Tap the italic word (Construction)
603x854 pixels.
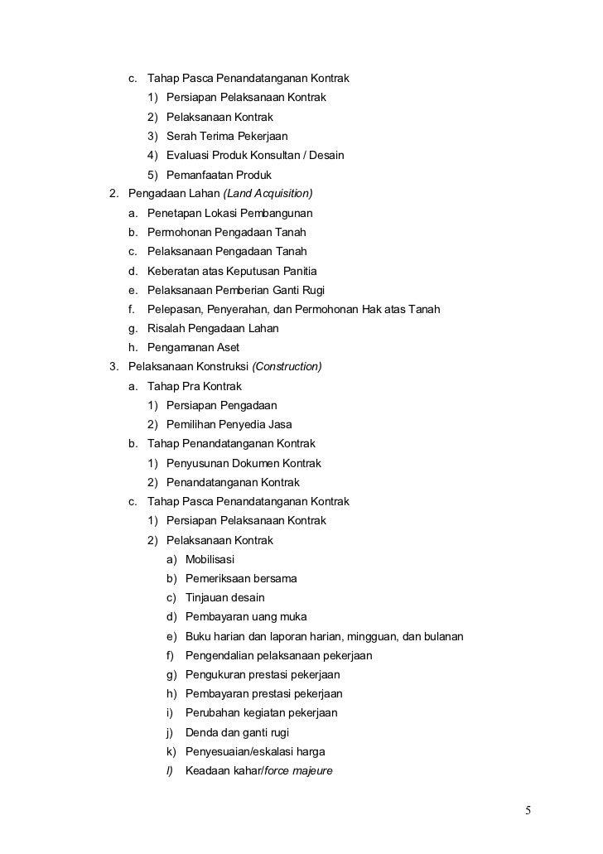[x=287, y=367]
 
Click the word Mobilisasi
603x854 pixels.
[x=210, y=559]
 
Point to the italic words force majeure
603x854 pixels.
[x=298, y=770]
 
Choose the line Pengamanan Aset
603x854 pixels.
[x=193, y=348]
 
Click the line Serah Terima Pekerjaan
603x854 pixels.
[x=227, y=136]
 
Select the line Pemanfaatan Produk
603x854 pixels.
[x=219, y=175]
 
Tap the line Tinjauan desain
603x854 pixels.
[x=225, y=597]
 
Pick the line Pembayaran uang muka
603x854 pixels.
[x=246, y=617]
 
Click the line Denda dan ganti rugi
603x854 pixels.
[x=237, y=732]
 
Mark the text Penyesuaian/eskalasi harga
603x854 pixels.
[x=255, y=751]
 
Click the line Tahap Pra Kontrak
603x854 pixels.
[x=195, y=386]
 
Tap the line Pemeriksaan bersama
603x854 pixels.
[x=241, y=578]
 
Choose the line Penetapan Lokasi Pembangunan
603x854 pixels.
[x=230, y=214]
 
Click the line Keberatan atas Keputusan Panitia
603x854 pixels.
[x=232, y=271]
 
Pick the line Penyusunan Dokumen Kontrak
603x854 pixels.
[x=244, y=463]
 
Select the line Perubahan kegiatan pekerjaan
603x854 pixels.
[x=261, y=713]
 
